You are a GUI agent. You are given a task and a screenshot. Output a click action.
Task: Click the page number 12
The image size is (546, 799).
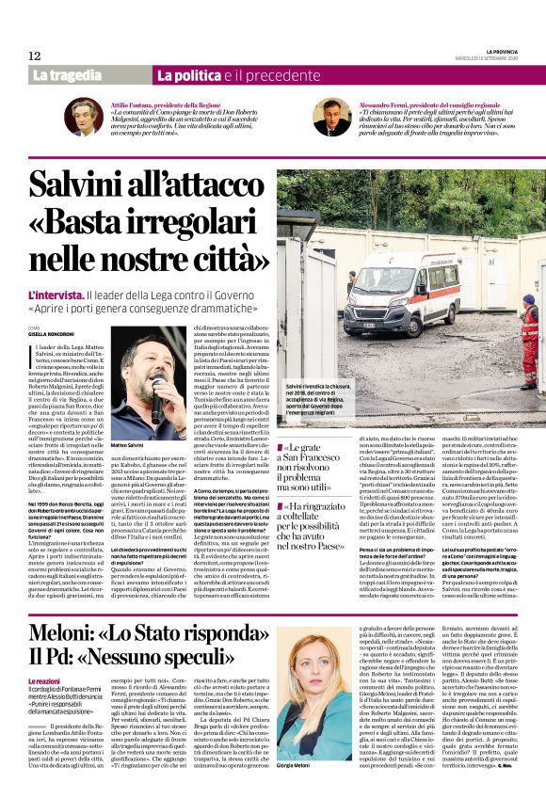pos(34,56)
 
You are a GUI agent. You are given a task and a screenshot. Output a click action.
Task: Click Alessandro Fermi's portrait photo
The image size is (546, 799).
pos(331,117)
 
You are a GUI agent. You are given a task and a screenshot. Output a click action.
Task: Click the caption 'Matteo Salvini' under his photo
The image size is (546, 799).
pos(131,444)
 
